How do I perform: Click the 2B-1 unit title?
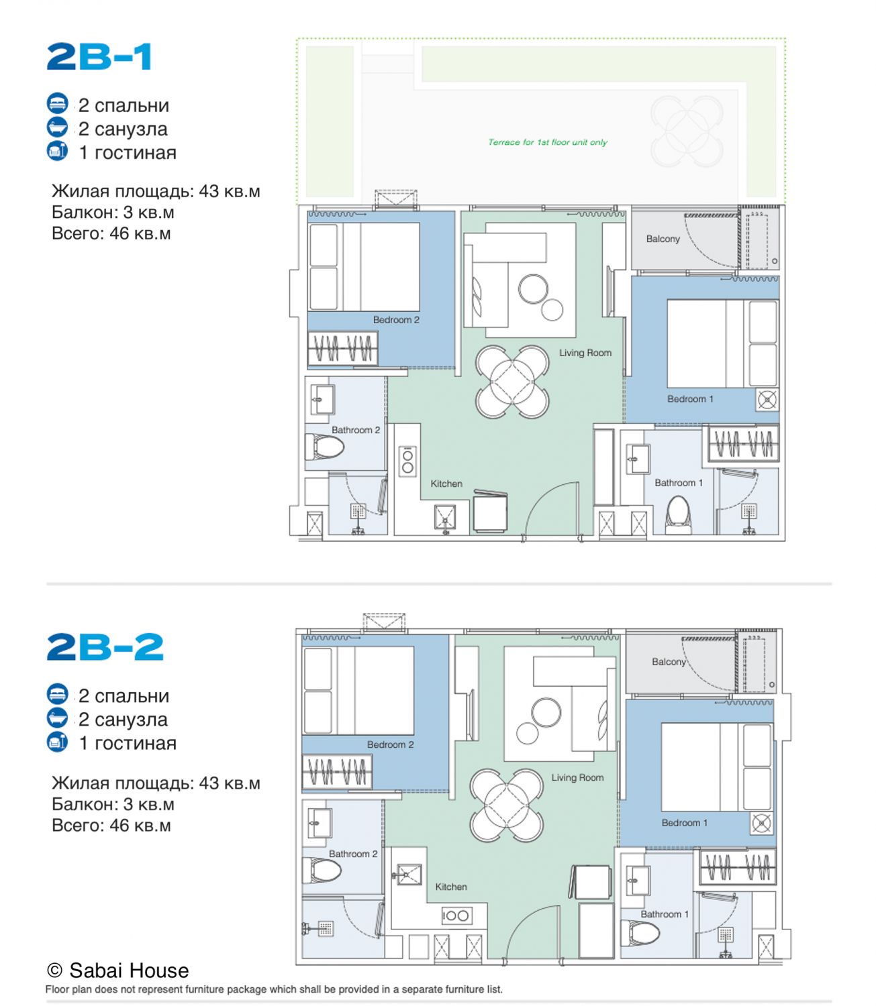[x=99, y=57]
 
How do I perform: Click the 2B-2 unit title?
[x=105, y=647]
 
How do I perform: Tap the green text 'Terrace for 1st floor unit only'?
[x=548, y=142]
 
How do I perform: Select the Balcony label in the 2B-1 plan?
[x=663, y=239]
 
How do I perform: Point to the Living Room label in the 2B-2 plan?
[x=577, y=777]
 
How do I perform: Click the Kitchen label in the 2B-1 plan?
[x=446, y=484]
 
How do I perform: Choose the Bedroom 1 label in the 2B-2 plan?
[x=684, y=823]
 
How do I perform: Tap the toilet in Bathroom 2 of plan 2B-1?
[x=324, y=447]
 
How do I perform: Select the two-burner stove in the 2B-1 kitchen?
[x=407, y=461]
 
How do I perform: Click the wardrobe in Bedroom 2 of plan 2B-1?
[x=342, y=348]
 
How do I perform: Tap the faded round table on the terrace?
[x=687, y=131]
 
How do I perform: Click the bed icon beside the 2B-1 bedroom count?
[x=57, y=103]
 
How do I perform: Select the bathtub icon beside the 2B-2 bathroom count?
[x=57, y=718]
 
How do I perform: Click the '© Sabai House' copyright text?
[x=117, y=970]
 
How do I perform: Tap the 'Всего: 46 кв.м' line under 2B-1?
[x=111, y=233]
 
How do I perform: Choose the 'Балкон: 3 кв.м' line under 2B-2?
[x=113, y=804]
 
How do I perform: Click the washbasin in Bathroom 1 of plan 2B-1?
[x=638, y=459]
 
